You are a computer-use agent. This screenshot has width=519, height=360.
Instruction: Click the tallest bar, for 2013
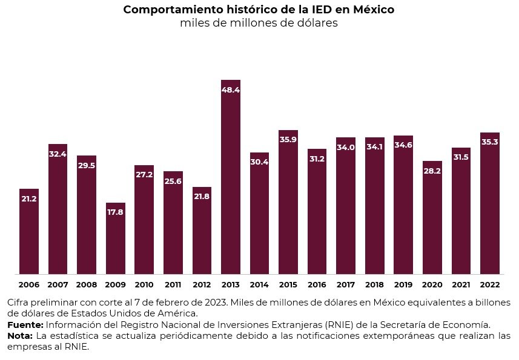point(231,182)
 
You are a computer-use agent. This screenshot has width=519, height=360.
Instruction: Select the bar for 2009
point(116,242)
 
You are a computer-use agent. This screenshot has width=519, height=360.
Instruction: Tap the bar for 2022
point(489,206)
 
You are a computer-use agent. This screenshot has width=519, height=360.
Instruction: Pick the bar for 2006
point(29,236)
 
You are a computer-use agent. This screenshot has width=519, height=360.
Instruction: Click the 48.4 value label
point(231,90)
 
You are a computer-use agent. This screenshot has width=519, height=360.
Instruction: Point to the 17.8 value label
point(116,212)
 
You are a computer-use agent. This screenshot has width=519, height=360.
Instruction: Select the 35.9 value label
point(288,140)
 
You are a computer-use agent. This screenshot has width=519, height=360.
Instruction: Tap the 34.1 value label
point(375,147)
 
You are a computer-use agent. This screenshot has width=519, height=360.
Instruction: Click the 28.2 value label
point(432,171)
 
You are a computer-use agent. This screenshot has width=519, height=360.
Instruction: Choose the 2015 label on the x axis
point(288,284)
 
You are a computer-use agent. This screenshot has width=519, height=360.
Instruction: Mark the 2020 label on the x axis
point(432,284)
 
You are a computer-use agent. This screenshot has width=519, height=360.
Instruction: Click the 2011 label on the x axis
point(173,284)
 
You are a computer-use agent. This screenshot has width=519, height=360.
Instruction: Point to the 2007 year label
point(58,284)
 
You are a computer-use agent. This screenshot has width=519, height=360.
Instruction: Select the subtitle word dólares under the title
point(315,24)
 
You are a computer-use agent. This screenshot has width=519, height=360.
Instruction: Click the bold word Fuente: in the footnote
point(25,324)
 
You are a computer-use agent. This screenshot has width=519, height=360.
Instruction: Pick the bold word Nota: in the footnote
point(20,335)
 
